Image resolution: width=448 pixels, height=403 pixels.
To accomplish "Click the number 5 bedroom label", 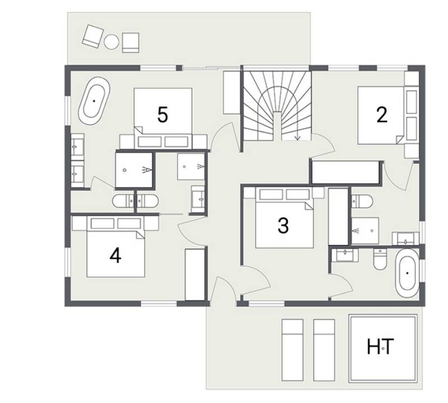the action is click(x=162, y=115).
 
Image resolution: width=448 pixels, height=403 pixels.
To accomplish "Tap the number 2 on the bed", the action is click(x=382, y=115).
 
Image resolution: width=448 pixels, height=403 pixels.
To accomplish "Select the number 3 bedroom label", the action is click(x=283, y=226).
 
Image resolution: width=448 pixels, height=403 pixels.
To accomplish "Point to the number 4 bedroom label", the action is click(x=115, y=255).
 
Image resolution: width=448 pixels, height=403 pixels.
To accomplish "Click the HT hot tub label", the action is click(x=380, y=346).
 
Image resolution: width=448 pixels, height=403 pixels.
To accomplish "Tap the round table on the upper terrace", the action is click(x=111, y=42).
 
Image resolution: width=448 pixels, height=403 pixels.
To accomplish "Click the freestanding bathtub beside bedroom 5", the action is click(x=94, y=101).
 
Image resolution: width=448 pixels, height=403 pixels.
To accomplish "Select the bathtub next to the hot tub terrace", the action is click(x=407, y=273).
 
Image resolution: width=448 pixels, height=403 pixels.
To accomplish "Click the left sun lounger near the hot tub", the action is click(x=292, y=350).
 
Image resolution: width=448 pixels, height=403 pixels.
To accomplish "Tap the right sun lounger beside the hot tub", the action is click(x=324, y=350).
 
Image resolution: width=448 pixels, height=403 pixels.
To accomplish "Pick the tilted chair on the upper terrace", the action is click(x=92, y=36).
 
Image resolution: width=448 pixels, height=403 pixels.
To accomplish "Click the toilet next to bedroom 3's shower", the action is click(x=362, y=201).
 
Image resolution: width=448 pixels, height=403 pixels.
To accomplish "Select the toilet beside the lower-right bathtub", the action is click(x=380, y=259).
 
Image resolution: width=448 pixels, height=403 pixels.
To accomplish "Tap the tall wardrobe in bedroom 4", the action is click(x=195, y=274).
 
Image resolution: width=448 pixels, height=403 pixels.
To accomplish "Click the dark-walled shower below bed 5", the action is click(x=134, y=170).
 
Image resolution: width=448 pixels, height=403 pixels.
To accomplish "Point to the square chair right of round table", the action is click(x=130, y=43).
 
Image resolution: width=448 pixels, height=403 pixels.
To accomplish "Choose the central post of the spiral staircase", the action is click(x=277, y=126).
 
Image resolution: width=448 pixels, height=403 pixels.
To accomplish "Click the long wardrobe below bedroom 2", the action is click(x=345, y=172).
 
